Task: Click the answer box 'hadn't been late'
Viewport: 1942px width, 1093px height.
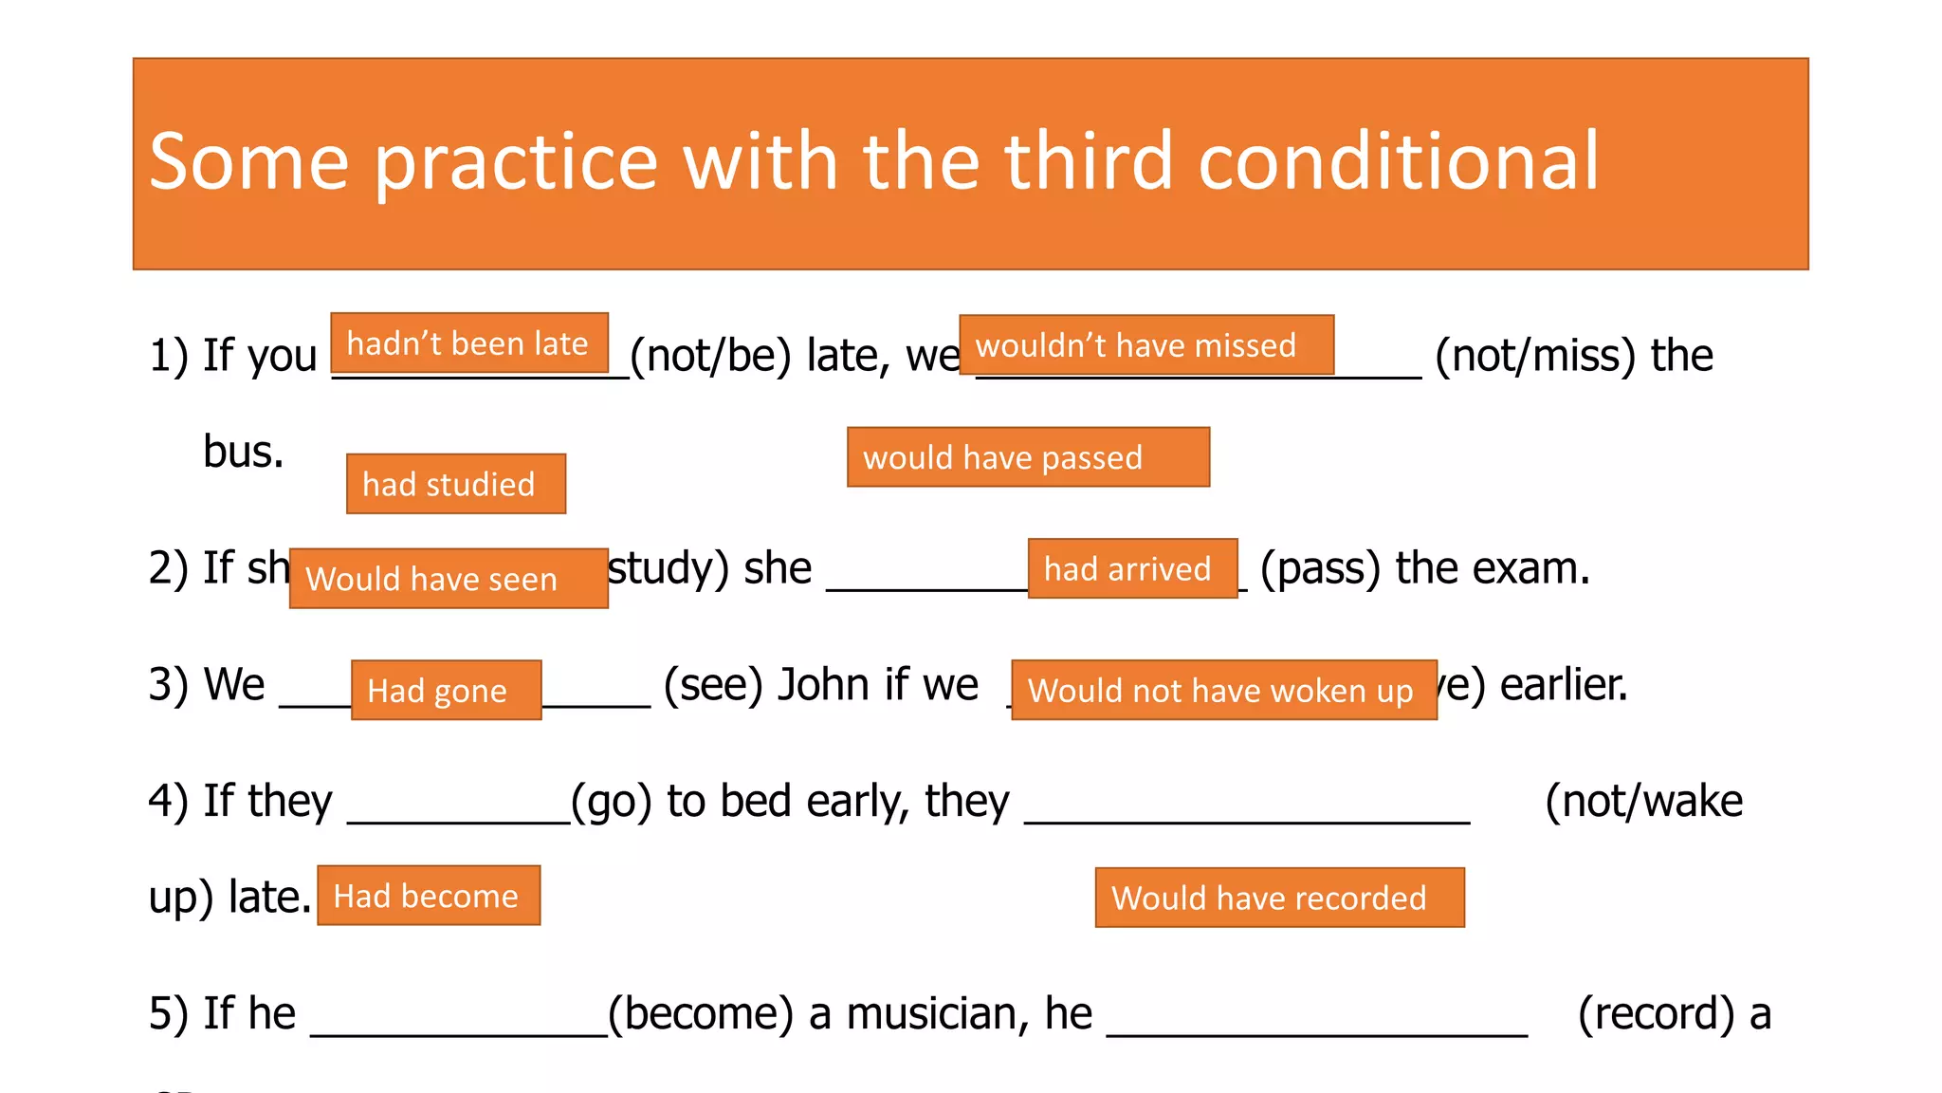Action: [x=468, y=343]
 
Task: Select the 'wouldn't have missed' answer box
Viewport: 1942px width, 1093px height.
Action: [x=1145, y=344]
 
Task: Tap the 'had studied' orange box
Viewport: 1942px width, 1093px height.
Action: [x=455, y=484]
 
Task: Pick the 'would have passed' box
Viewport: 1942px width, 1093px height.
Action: [x=1027, y=457]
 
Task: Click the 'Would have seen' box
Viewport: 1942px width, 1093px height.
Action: [x=448, y=578]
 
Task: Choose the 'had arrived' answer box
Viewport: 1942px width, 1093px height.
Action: [x=1131, y=568]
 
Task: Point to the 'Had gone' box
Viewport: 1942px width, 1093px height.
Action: [x=446, y=690]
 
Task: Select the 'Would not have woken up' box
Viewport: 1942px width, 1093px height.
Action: [x=1223, y=690]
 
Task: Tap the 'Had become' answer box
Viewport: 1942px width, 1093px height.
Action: [x=428, y=896]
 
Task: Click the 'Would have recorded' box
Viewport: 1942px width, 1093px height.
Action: [x=1278, y=898]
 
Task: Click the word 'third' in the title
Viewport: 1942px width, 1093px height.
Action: [x=1088, y=161]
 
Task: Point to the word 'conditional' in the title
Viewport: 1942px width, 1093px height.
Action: [x=1399, y=161]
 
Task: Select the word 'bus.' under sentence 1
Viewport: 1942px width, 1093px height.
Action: [x=243, y=452]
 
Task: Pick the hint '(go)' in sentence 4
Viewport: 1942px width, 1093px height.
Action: [x=611, y=802]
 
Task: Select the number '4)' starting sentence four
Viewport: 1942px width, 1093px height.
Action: [x=170, y=802]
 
